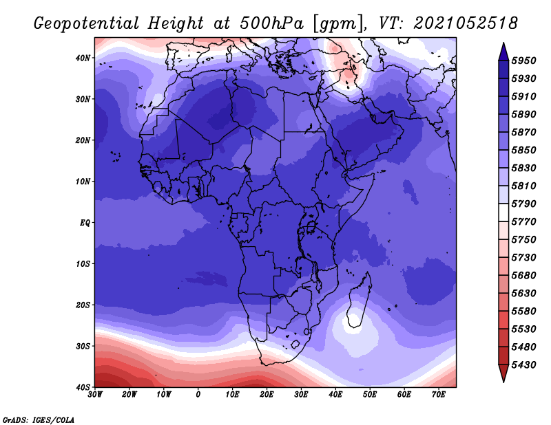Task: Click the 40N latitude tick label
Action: [83, 58]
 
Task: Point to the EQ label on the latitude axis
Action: [85, 223]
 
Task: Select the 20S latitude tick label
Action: [83, 305]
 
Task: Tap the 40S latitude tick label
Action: [83, 387]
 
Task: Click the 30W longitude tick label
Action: [95, 395]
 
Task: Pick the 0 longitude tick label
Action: [198, 395]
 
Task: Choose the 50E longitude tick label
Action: [370, 395]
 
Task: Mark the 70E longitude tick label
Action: [439, 395]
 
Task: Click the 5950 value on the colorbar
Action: [523, 61]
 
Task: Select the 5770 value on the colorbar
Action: [523, 222]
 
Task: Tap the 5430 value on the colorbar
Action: [523, 365]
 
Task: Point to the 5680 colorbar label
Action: [523, 276]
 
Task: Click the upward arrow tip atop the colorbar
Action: [503, 43]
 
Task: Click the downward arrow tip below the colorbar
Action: [503, 382]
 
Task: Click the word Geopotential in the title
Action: [87, 24]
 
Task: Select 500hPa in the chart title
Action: [272, 23]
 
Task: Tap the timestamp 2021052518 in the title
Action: [466, 23]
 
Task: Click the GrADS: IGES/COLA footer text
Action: [39, 420]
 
